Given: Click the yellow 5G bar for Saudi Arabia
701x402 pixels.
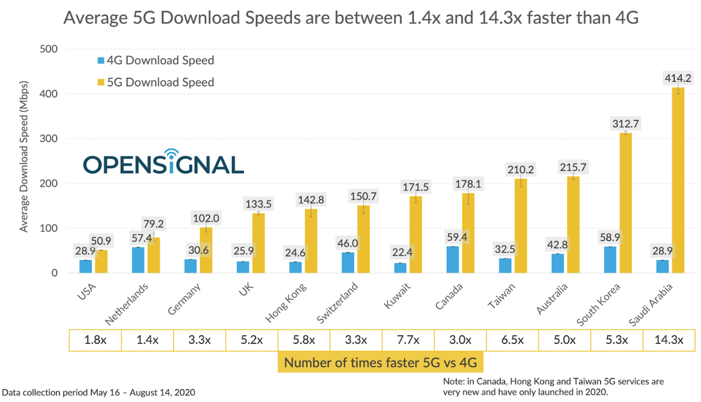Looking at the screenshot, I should click(x=678, y=180).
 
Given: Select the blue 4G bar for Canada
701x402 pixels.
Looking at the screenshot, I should click(x=453, y=260).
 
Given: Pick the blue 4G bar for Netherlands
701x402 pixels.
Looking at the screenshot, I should click(x=138, y=260).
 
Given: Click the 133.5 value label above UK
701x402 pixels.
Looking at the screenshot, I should click(x=258, y=204).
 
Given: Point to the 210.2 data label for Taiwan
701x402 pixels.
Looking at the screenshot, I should click(x=520, y=169).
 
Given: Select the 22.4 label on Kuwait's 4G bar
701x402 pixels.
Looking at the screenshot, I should click(x=402, y=252).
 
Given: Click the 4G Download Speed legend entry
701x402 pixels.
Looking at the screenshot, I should click(x=156, y=60).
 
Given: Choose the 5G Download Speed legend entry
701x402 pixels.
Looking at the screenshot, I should click(x=156, y=82).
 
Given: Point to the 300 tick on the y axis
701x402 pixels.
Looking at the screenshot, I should click(x=48, y=139).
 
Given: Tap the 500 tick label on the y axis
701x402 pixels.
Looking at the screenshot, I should click(x=48, y=49).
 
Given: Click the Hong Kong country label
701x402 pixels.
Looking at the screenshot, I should click(x=286, y=303).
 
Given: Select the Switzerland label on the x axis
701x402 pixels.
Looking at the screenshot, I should click(x=337, y=303).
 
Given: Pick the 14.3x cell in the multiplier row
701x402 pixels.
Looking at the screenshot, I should click(x=669, y=340).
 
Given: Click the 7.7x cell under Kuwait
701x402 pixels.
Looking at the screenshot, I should click(x=408, y=340).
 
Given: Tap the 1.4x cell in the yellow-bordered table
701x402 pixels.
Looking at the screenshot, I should click(x=147, y=340).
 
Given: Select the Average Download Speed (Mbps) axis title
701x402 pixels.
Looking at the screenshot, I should click(x=24, y=156).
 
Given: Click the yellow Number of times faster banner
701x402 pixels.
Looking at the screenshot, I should click(x=380, y=363).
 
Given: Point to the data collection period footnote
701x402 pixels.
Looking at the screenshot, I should click(x=99, y=392).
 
